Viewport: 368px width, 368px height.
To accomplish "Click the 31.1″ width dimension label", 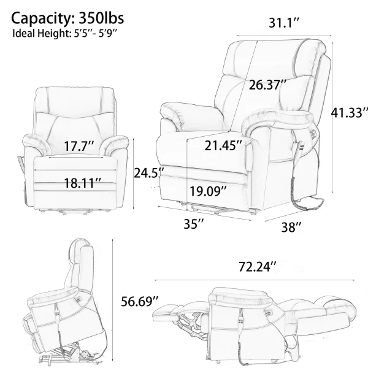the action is (284, 23).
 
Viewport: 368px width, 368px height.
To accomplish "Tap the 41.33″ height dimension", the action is (350, 112).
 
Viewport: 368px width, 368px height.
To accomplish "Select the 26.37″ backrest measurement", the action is (267, 85).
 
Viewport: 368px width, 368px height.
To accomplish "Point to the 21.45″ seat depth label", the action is (223, 145).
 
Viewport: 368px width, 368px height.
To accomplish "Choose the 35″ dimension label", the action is (194, 224).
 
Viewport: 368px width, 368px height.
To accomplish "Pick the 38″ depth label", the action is (291, 227).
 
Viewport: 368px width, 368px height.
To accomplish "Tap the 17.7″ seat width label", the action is (79, 146).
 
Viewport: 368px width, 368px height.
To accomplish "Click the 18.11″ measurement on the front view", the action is (83, 183).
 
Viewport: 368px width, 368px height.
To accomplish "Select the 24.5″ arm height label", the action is (148, 174).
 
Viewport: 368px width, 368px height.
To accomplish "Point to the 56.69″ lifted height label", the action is (140, 301).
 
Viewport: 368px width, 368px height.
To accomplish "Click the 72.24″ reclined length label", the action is (258, 267).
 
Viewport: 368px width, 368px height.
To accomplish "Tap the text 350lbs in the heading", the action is (101, 18).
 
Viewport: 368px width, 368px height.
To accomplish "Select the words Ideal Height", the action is (40, 33).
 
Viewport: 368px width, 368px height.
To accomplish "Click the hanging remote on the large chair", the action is (301, 148).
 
